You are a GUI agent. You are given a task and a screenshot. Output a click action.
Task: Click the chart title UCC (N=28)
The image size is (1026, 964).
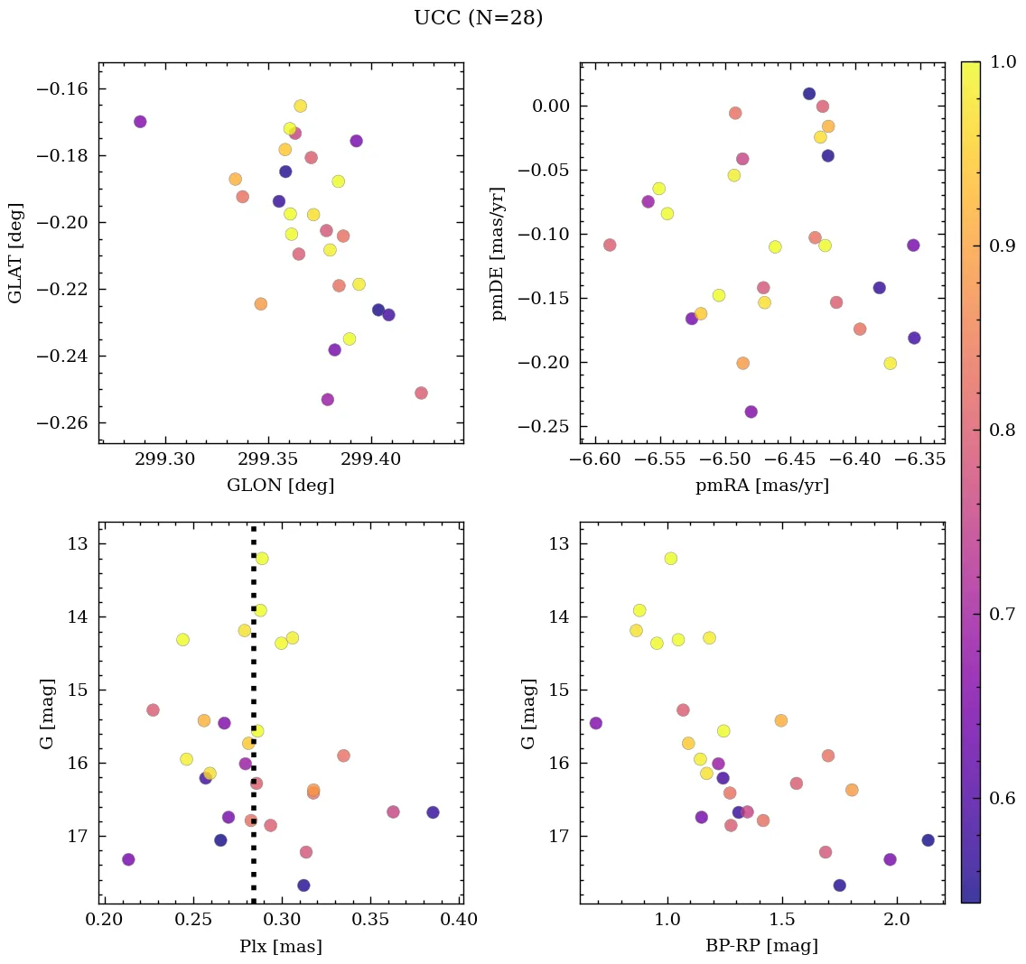(478, 18)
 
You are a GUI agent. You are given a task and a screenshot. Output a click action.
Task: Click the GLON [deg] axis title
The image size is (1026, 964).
(280, 486)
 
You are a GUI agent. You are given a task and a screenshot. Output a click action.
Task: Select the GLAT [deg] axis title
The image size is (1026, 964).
(15, 253)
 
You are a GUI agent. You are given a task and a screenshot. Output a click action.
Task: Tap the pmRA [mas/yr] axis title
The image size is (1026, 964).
(761, 486)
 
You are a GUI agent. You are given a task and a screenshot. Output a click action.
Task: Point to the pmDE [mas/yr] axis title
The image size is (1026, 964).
(498, 253)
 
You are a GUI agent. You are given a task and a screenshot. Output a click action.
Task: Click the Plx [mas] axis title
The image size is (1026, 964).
(280, 946)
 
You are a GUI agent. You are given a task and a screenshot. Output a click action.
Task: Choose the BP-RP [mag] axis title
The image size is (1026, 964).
(761, 946)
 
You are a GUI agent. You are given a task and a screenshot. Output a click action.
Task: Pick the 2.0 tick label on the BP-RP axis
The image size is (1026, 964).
(897, 921)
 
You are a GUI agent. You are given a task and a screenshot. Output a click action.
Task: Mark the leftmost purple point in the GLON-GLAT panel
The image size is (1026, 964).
(140, 122)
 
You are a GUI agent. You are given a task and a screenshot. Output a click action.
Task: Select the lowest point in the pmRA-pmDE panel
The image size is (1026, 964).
(751, 412)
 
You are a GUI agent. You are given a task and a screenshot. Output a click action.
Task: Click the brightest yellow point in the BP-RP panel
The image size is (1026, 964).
(670, 558)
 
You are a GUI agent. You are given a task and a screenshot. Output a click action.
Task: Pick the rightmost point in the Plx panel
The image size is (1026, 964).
(433, 812)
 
